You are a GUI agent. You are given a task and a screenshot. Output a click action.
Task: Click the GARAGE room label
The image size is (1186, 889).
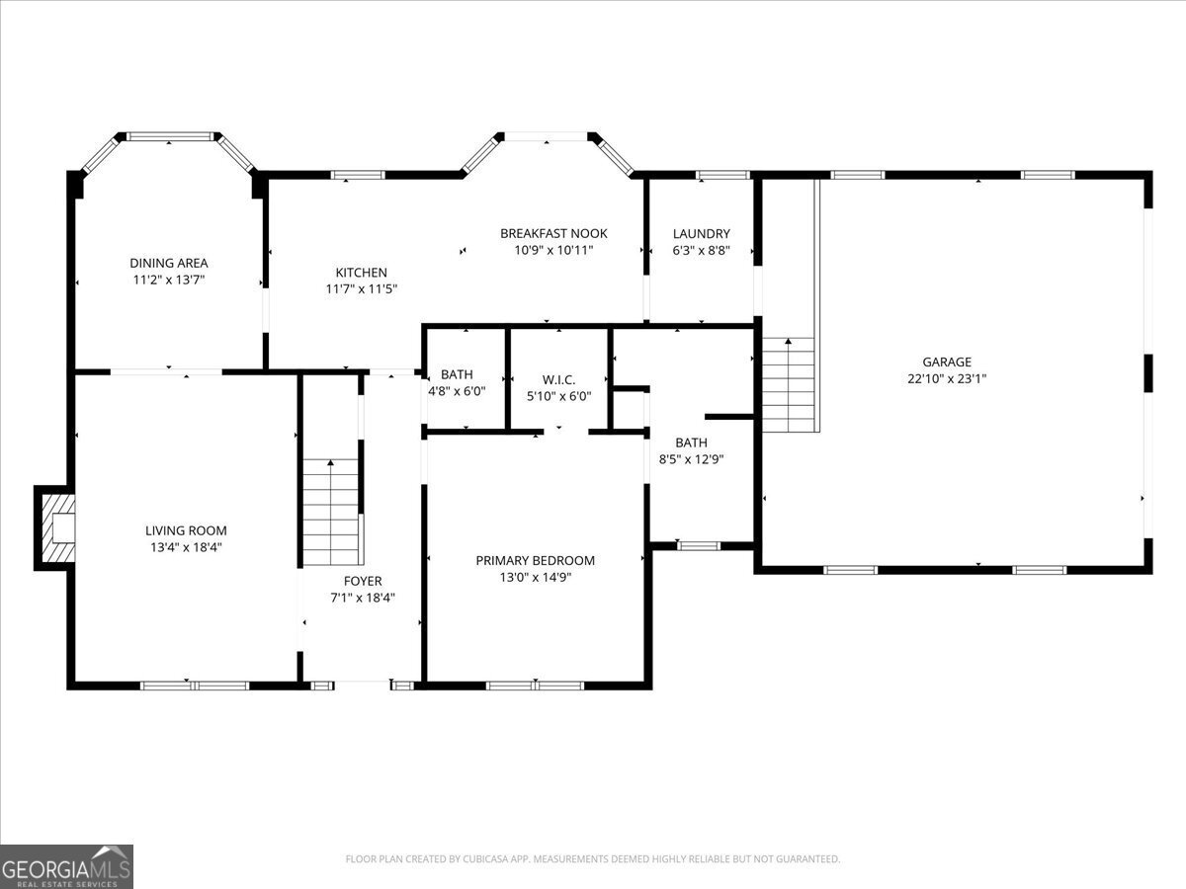pyautogui.click(x=947, y=362)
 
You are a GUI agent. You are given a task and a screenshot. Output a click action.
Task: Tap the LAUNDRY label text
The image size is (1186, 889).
pyautogui.click(x=701, y=234)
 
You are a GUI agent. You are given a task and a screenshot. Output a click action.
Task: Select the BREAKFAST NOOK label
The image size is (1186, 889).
pyautogui.click(x=553, y=233)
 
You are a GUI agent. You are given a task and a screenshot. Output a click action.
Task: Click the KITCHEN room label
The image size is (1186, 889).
pyautogui.click(x=361, y=273)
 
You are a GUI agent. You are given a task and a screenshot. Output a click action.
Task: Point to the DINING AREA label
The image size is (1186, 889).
pyautogui.click(x=169, y=263)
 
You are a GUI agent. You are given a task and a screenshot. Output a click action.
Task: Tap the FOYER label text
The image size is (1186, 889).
pyautogui.click(x=363, y=581)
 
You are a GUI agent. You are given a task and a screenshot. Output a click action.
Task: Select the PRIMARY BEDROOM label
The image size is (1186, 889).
pyautogui.click(x=536, y=560)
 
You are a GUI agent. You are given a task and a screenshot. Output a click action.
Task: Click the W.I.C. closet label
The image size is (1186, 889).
pyautogui.click(x=558, y=379)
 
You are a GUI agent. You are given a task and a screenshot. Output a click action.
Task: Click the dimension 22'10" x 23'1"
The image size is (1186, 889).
pyautogui.click(x=947, y=378)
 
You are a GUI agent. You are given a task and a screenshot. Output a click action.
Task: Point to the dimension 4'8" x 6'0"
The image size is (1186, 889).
pyautogui.click(x=457, y=391)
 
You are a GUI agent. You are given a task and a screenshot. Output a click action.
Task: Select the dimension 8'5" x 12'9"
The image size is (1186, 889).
pyautogui.click(x=691, y=458)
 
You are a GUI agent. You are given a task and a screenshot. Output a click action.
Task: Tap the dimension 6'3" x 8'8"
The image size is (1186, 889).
pyautogui.click(x=701, y=251)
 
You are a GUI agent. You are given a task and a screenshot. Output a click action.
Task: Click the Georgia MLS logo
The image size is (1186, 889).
pyautogui.click(x=66, y=866)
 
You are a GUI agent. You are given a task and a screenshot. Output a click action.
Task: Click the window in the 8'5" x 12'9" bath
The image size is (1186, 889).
pyautogui.click(x=699, y=545)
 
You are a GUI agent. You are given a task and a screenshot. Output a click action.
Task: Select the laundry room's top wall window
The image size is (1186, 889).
pyautogui.click(x=722, y=176)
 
